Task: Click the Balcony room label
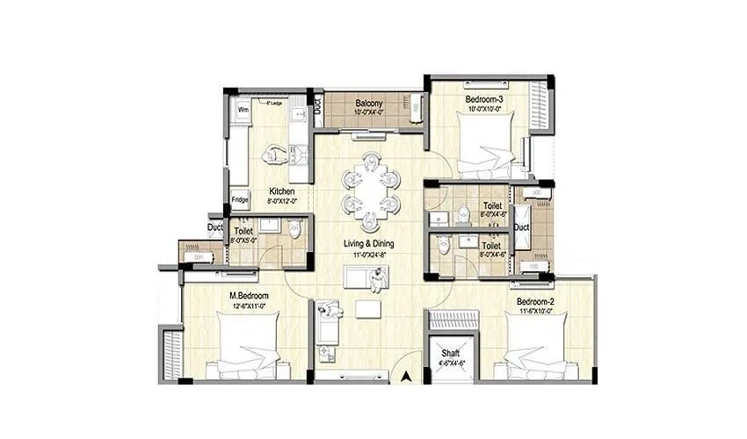[x=367, y=102]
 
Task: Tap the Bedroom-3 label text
[x=483, y=99]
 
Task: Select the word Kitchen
[x=282, y=191]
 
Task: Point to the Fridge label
[x=239, y=199]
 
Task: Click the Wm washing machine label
[x=243, y=110]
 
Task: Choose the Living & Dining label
[x=369, y=243]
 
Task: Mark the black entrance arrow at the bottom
[x=406, y=378]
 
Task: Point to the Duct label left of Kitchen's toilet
[x=214, y=227]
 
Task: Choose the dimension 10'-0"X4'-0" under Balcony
[x=367, y=112]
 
